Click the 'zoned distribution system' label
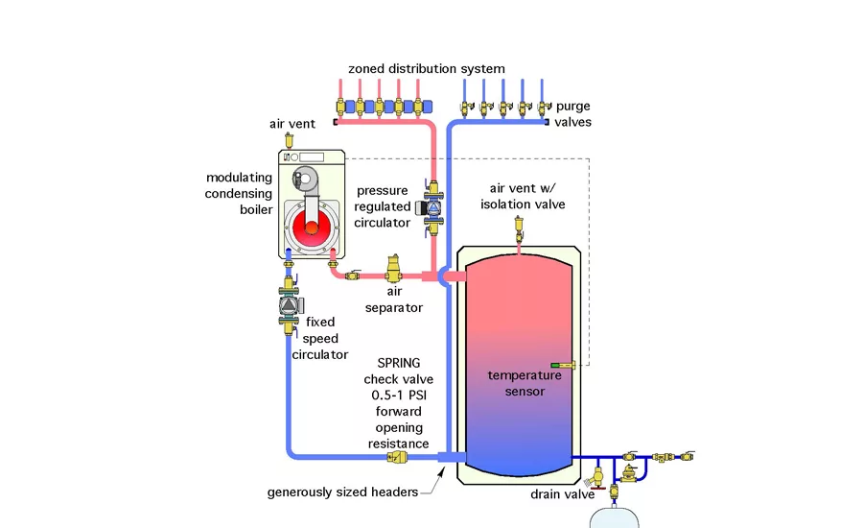click(x=427, y=69)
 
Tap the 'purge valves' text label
click(x=573, y=114)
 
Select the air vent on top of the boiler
click(x=292, y=142)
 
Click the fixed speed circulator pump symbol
click(x=290, y=305)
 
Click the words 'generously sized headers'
click(x=343, y=493)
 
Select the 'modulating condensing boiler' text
click(x=238, y=194)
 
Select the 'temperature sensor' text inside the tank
click(x=518, y=383)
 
